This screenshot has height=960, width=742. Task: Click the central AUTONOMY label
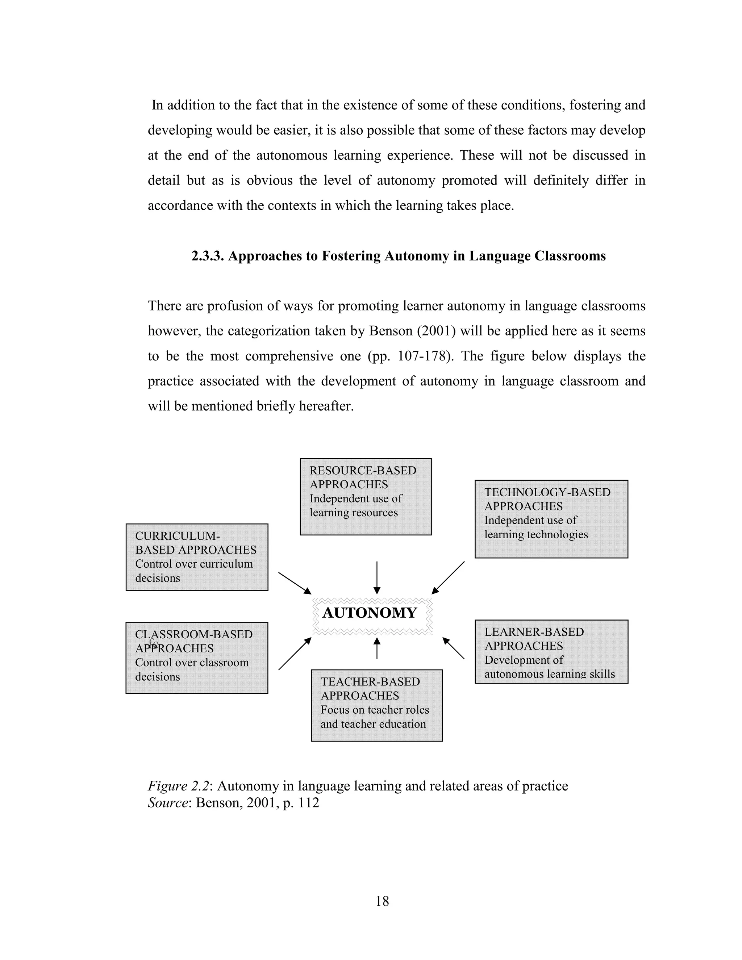[x=369, y=613]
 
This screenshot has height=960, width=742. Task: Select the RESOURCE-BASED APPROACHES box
[x=365, y=497]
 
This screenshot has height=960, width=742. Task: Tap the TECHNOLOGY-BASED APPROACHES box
[x=551, y=519]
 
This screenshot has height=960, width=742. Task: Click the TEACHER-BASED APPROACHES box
[x=377, y=705]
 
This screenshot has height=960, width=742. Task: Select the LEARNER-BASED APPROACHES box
[x=551, y=651]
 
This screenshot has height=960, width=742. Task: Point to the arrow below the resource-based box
[x=377, y=577]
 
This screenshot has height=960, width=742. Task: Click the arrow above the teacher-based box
[x=377, y=648]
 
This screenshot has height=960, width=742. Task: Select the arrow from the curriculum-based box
[x=295, y=583]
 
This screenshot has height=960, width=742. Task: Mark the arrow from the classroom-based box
[x=295, y=654]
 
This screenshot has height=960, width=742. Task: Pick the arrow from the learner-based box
[x=453, y=648]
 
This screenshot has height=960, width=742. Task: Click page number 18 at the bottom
[x=382, y=901]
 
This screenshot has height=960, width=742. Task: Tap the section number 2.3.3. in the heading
[x=208, y=256]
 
